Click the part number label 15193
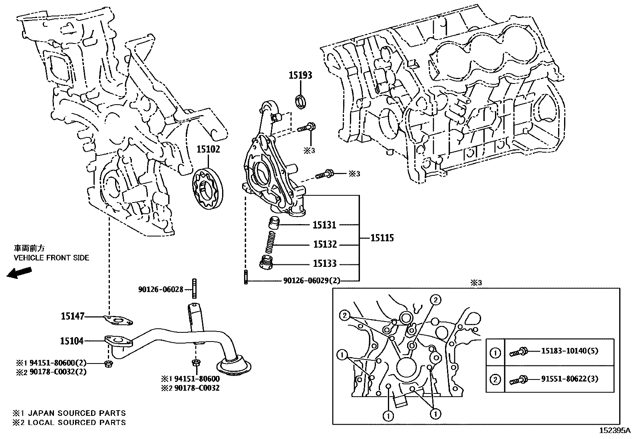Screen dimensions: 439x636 pyautogui.click(x=300, y=75)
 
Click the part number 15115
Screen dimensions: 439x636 pyautogui.click(x=382, y=238)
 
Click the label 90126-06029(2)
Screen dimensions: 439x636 pyautogui.click(x=312, y=280)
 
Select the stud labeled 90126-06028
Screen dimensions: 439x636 pyautogui.click(x=194, y=288)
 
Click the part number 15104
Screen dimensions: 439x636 pyautogui.click(x=72, y=341)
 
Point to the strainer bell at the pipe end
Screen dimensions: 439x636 pyautogui.click(x=233, y=366)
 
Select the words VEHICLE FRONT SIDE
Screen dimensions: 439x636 pyautogui.click(x=51, y=258)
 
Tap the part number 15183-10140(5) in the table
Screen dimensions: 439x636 pyautogui.click(x=570, y=351)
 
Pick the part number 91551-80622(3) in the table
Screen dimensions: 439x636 pyautogui.click(x=570, y=378)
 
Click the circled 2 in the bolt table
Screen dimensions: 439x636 pyautogui.click(x=495, y=379)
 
